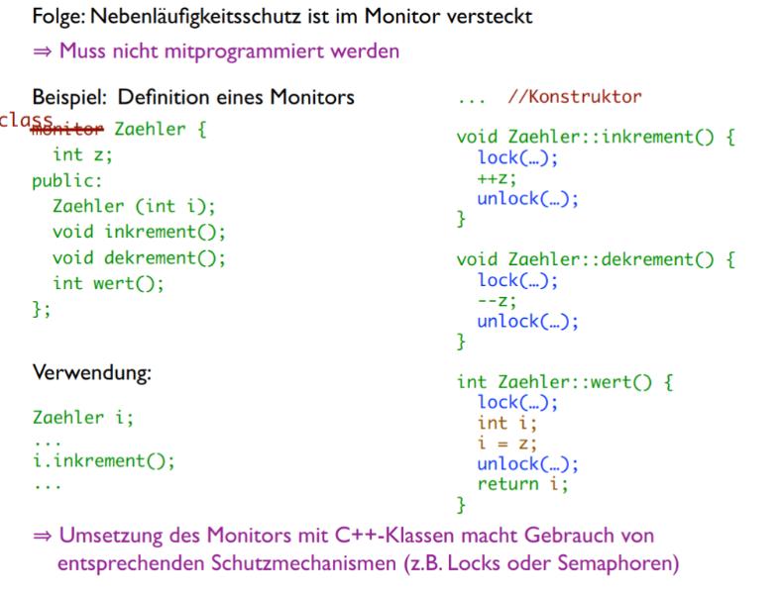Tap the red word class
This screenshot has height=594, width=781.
(27, 120)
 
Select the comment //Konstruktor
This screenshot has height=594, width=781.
(574, 97)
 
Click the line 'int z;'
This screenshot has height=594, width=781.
(84, 155)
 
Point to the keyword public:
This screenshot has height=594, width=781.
(67, 181)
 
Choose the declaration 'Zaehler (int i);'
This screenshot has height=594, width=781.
(134, 207)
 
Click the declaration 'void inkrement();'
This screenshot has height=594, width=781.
(140, 233)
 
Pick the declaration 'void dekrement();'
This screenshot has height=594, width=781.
(140, 258)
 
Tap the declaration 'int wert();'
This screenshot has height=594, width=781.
(109, 284)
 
